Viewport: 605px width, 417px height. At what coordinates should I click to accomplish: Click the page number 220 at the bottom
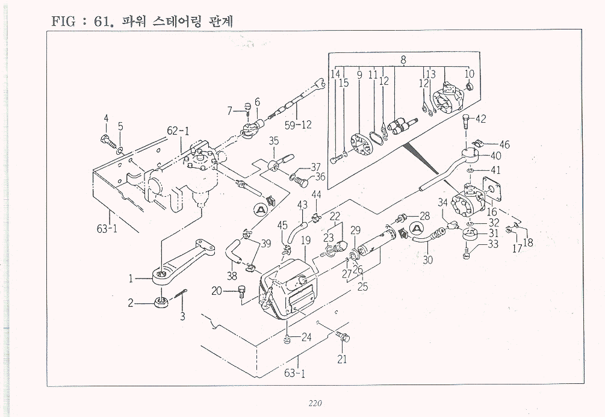click(x=315, y=403)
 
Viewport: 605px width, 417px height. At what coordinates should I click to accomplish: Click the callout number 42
click(x=480, y=119)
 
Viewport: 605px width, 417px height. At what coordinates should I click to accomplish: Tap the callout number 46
click(x=504, y=144)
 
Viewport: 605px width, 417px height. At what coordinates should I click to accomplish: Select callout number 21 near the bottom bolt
click(x=343, y=360)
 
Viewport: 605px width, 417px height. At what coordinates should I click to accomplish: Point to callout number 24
click(x=306, y=337)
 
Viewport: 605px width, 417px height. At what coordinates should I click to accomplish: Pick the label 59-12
click(x=299, y=125)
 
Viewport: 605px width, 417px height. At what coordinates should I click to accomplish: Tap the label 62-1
click(x=178, y=131)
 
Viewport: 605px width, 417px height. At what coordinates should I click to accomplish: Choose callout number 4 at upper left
click(x=106, y=119)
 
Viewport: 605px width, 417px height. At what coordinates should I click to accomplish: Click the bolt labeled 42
click(x=465, y=122)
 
